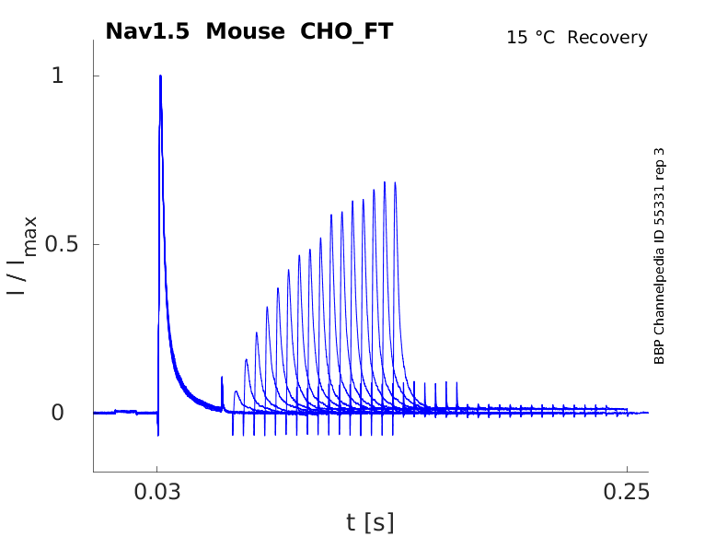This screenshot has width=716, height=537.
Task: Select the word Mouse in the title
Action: pos(247,31)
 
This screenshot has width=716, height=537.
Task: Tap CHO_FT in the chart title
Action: pos(347,31)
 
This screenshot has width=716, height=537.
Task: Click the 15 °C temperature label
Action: pos(532,38)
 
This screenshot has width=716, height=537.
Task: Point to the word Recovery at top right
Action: pos(607,38)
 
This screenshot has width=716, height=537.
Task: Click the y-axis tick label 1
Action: pos(58,76)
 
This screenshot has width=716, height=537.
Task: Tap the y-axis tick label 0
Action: pos(58,413)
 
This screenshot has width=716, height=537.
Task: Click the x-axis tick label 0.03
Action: pos(157,490)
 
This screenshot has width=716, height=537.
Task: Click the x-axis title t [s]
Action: pos(370,523)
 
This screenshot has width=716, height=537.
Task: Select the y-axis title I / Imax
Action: pos(23,255)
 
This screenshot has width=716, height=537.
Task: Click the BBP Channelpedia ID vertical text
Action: pos(660,255)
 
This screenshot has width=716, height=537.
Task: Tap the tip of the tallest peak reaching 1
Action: pos(160,76)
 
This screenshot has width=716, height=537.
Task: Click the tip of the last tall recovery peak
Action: pos(395,182)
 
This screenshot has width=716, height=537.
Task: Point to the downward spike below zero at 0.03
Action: pos(158,433)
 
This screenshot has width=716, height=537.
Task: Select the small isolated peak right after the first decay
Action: pos(222,378)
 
